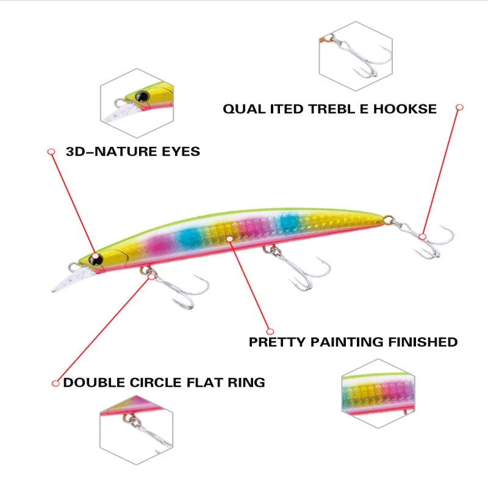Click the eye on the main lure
click(96, 259)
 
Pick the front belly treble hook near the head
click(177, 290)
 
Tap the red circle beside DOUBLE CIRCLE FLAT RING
click(56, 384)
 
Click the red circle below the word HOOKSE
click(460, 107)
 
